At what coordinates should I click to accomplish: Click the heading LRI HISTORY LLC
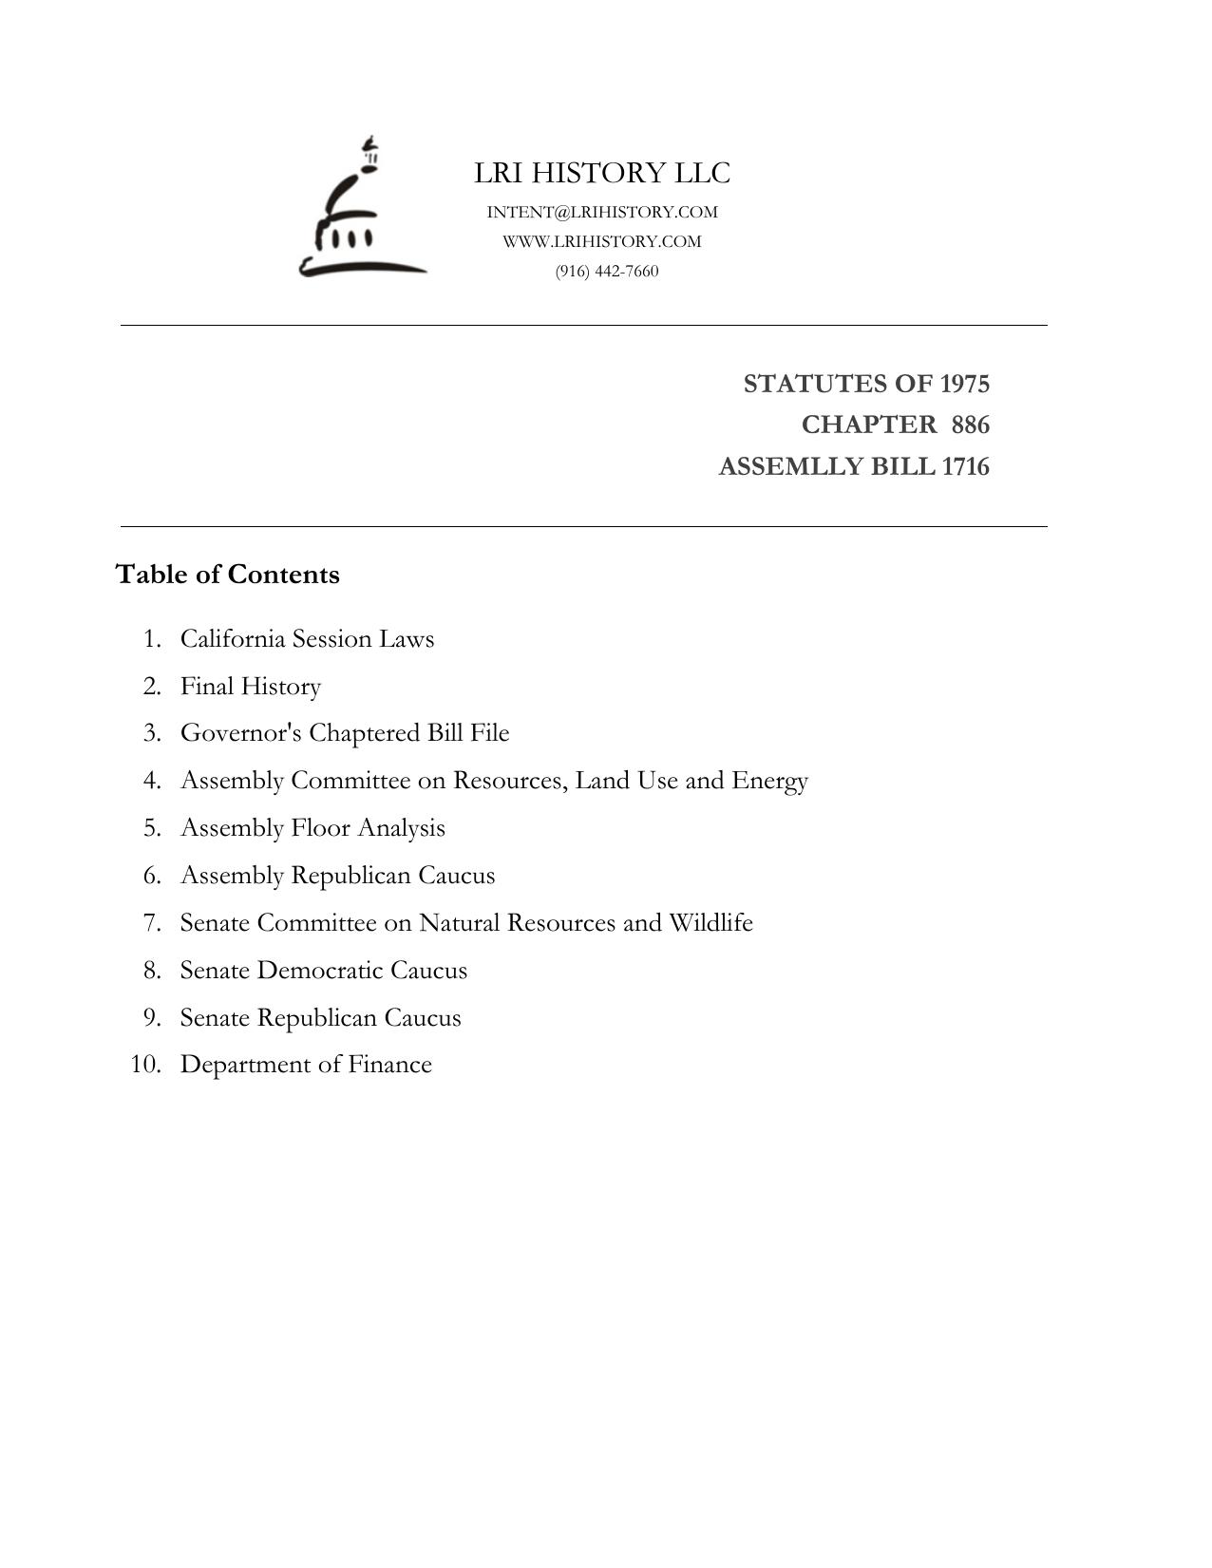602,173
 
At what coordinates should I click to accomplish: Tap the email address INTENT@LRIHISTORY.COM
602,212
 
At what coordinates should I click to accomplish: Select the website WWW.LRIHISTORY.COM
602,241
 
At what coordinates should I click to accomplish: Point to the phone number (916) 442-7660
607,272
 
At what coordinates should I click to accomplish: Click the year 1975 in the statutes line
964,384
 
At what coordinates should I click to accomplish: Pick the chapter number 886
970,425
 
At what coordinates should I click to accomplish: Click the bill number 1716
965,467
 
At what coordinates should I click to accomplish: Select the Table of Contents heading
227,575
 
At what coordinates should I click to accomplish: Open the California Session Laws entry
307,639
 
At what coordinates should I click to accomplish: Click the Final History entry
251,687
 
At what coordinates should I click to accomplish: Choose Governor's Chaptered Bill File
345,733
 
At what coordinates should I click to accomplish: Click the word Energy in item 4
769,781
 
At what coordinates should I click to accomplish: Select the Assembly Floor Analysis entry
312,828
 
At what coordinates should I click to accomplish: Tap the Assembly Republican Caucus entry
337,876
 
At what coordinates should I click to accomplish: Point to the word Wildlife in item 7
710,923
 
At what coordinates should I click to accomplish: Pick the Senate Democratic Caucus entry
324,971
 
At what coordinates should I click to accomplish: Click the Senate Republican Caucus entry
320,1018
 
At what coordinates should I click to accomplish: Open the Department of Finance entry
306,1065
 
